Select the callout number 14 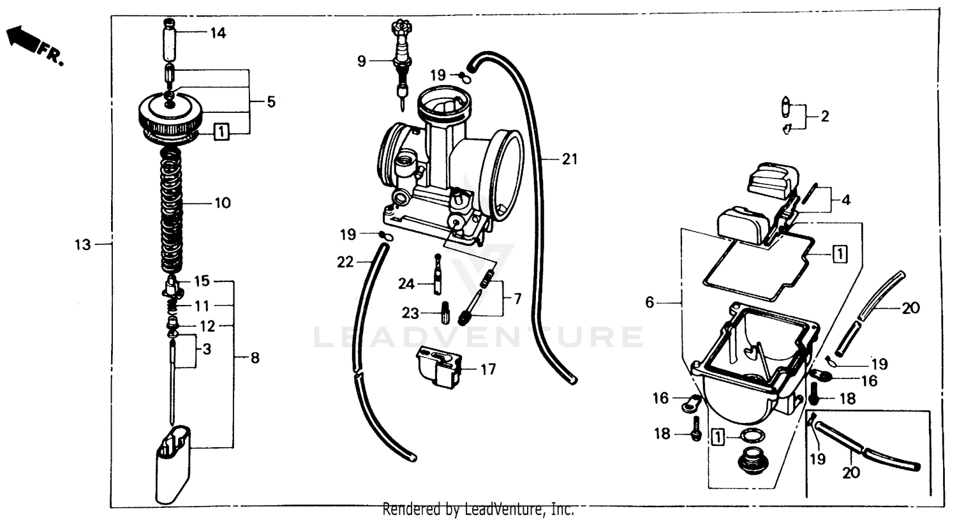(x=218, y=33)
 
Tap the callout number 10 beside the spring (x=222, y=203)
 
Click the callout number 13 (x=83, y=244)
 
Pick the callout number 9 (x=362, y=62)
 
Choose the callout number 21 (x=569, y=159)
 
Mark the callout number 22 (x=345, y=262)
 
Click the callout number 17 (x=488, y=369)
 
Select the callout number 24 (x=406, y=283)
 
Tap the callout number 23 (x=410, y=313)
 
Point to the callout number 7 (x=517, y=298)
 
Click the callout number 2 (x=824, y=116)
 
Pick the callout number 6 (x=649, y=302)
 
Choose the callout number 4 (x=846, y=200)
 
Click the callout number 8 (x=255, y=358)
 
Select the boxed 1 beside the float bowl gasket (x=840, y=253)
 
